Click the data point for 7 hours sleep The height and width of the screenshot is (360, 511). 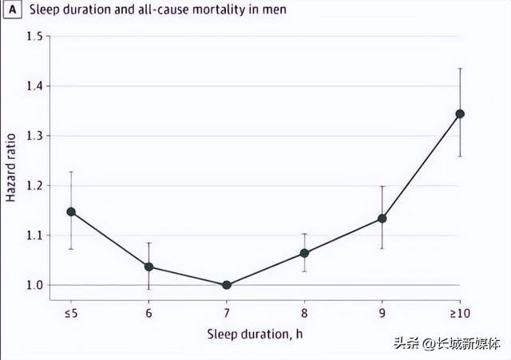[227, 285]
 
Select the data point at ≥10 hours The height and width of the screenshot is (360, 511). [460, 113]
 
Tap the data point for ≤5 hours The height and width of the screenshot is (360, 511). [71, 212]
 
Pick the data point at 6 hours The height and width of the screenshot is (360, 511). [149, 267]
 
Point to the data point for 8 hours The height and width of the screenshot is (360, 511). [304, 253]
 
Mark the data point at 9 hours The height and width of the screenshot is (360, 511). [382, 218]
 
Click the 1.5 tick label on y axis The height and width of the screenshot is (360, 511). [34, 37]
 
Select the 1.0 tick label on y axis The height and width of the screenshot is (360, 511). [34, 285]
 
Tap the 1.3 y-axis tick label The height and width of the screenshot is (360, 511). [34, 136]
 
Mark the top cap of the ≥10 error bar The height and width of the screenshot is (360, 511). [460, 69]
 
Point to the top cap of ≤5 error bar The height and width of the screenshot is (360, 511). [71, 172]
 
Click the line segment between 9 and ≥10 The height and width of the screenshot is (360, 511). [421, 166]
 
